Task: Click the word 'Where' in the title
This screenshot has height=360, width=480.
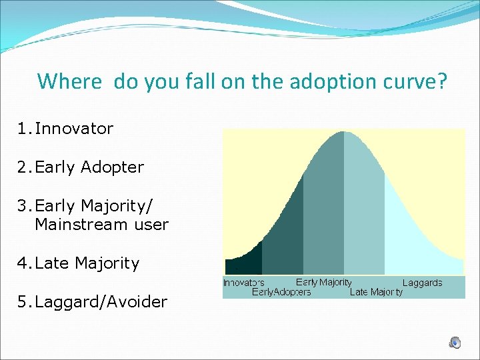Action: click(69, 81)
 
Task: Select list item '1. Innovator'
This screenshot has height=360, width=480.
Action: click(65, 128)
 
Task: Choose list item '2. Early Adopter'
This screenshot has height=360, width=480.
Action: click(81, 167)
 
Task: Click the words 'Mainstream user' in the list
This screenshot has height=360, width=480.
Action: click(101, 225)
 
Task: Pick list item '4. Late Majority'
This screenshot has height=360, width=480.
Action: click(79, 263)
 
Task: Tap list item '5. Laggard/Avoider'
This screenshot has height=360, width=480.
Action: click(92, 302)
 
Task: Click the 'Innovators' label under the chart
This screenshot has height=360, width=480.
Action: click(243, 283)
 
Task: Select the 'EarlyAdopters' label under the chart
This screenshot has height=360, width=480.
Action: click(281, 292)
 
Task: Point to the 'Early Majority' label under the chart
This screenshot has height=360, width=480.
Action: click(323, 283)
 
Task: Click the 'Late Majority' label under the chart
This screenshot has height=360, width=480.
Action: click(376, 292)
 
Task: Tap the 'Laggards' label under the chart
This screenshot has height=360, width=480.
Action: click(422, 283)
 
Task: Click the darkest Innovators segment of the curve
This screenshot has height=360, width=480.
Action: click(243, 265)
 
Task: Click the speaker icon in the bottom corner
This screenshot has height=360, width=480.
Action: click(455, 343)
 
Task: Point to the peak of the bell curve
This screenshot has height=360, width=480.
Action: click(343, 132)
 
